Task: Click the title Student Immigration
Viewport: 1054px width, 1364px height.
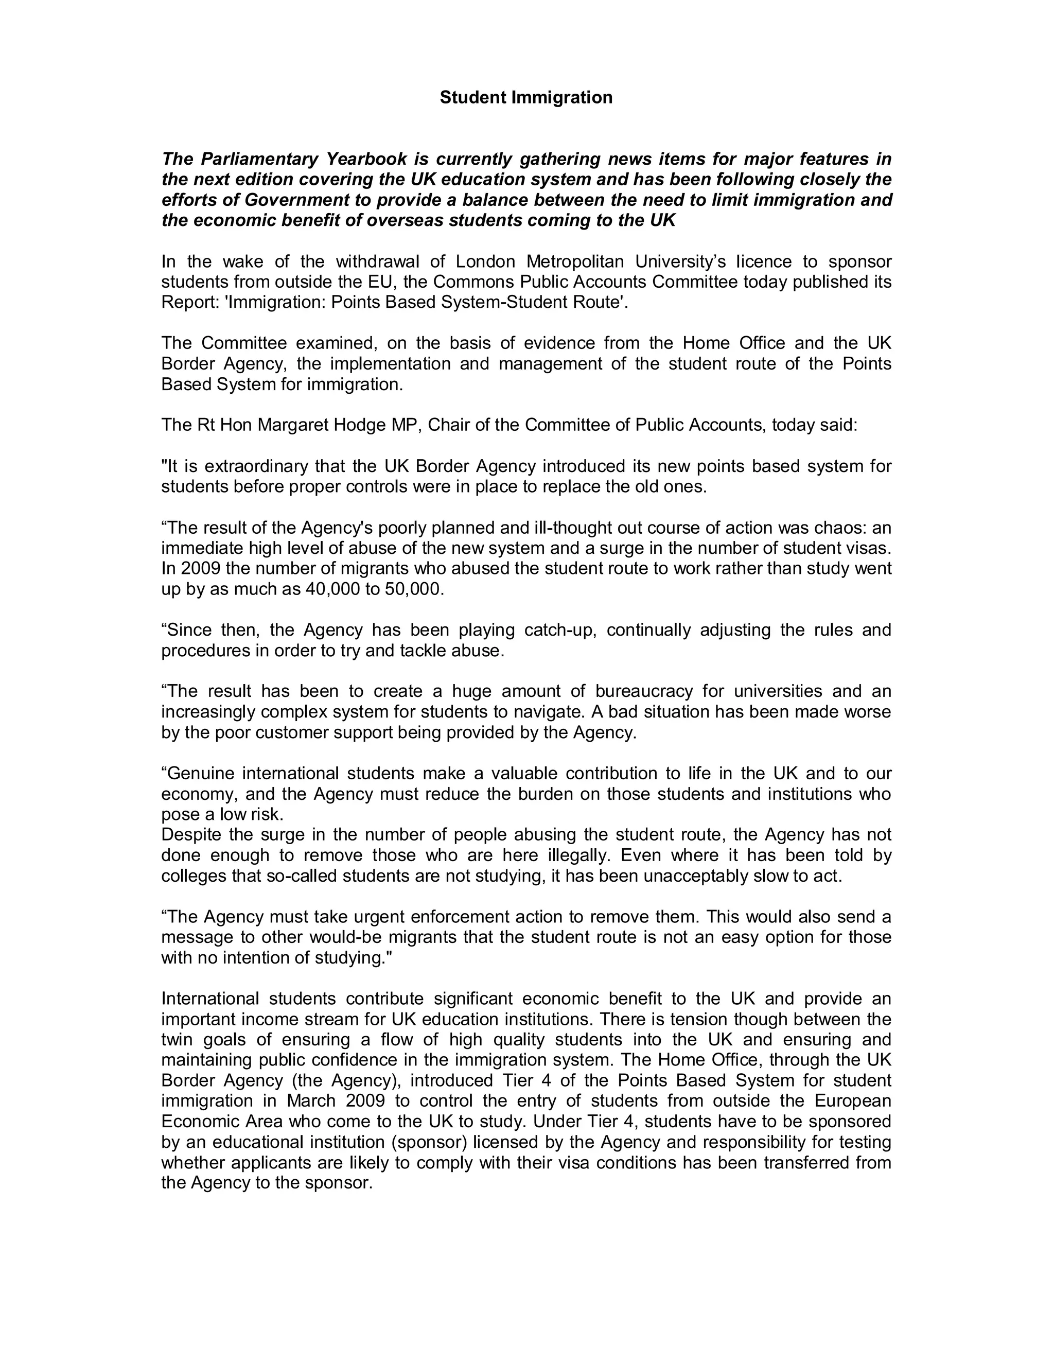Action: [x=526, y=97]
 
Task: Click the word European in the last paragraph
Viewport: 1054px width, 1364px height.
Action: [x=852, y=1100]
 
